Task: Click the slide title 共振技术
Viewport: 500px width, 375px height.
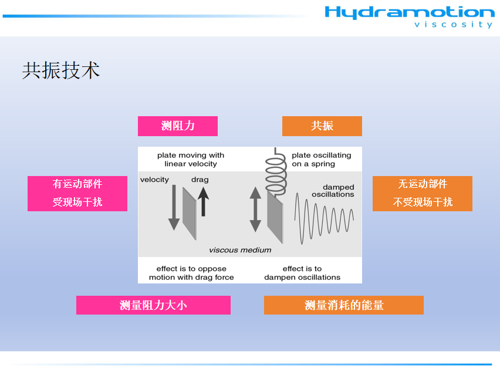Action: (x=61, y=70)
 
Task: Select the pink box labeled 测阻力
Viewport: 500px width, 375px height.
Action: (x=178, y=126)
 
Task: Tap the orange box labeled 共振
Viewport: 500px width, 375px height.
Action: (x=322, y=126)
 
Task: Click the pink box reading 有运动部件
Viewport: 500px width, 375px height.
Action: (x=77, y=194)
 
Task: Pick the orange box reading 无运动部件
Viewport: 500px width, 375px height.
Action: (x=423, y=194)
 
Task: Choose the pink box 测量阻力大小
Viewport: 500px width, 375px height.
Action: (x=153, y=305)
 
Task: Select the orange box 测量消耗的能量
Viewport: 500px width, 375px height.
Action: (x=344, y=305)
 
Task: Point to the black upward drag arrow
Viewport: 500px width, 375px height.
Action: (x=203, y=201)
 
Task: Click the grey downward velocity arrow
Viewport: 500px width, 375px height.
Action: (x=174, y=207)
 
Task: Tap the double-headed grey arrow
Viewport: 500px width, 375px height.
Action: (x=255, y=209)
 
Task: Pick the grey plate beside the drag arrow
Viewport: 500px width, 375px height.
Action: (x=190, y=214)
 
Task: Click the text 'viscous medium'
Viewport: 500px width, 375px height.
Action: (x=240, y=250)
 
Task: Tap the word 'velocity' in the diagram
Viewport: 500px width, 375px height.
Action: (x=154, y=180)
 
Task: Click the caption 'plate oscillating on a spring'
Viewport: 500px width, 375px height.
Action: (x=322, y=160)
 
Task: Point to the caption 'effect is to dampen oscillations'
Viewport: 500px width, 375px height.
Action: (x=302, y=273)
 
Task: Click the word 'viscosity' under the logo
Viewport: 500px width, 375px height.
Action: (x=454, y=25)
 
